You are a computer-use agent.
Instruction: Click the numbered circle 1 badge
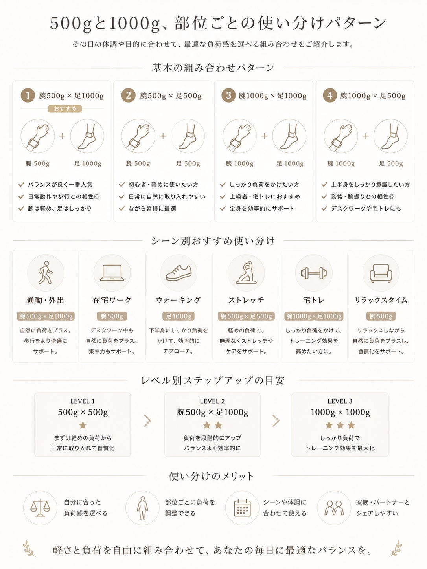pyautogui.click(x=28, y=95)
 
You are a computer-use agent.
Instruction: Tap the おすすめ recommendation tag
pyautogui.click(x=65, y=109)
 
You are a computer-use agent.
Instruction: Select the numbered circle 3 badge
pyautogui.click(x=228, y=95)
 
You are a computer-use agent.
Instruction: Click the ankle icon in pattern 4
pyautogui.click(x=390, y=136)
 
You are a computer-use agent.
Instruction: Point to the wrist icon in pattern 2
pyautogui.click(x=138, y=136)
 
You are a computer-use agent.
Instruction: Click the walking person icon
pyautogui.click(x=46, y=273)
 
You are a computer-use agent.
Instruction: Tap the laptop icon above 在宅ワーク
pyautogui.click(x=112, y=273)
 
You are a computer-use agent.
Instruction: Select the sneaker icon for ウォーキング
pyautogui.click(x=179, y=273)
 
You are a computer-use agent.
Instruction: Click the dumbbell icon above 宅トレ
pyautogui.click(x=314, y=273)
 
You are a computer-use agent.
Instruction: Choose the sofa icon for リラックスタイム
pyautogui.click(x=381, y=273)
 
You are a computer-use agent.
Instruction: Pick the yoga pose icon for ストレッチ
pyautogui.click(x=246, y=272)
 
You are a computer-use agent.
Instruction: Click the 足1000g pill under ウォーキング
pyautogui.click(x=179, y=316)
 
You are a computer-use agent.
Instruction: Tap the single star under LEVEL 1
pyautogui.click(x=83, y=425)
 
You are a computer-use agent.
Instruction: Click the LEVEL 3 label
pyautogui.click(x=340, y=401)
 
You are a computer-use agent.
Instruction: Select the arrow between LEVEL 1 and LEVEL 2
pyautogui.click(x=147, y=421)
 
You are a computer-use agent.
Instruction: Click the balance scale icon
pyautogui.click(x=40, y=508)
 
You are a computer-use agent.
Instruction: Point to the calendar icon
pyautogui.click(x=242, y=508)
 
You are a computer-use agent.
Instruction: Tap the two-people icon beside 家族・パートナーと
pyautogui.click(x=334, y=508)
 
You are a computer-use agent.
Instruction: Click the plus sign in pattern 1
pyautogui.click(x=63, y=136)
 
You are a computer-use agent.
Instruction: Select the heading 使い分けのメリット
pyautogui.click(x=212, y=476)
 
